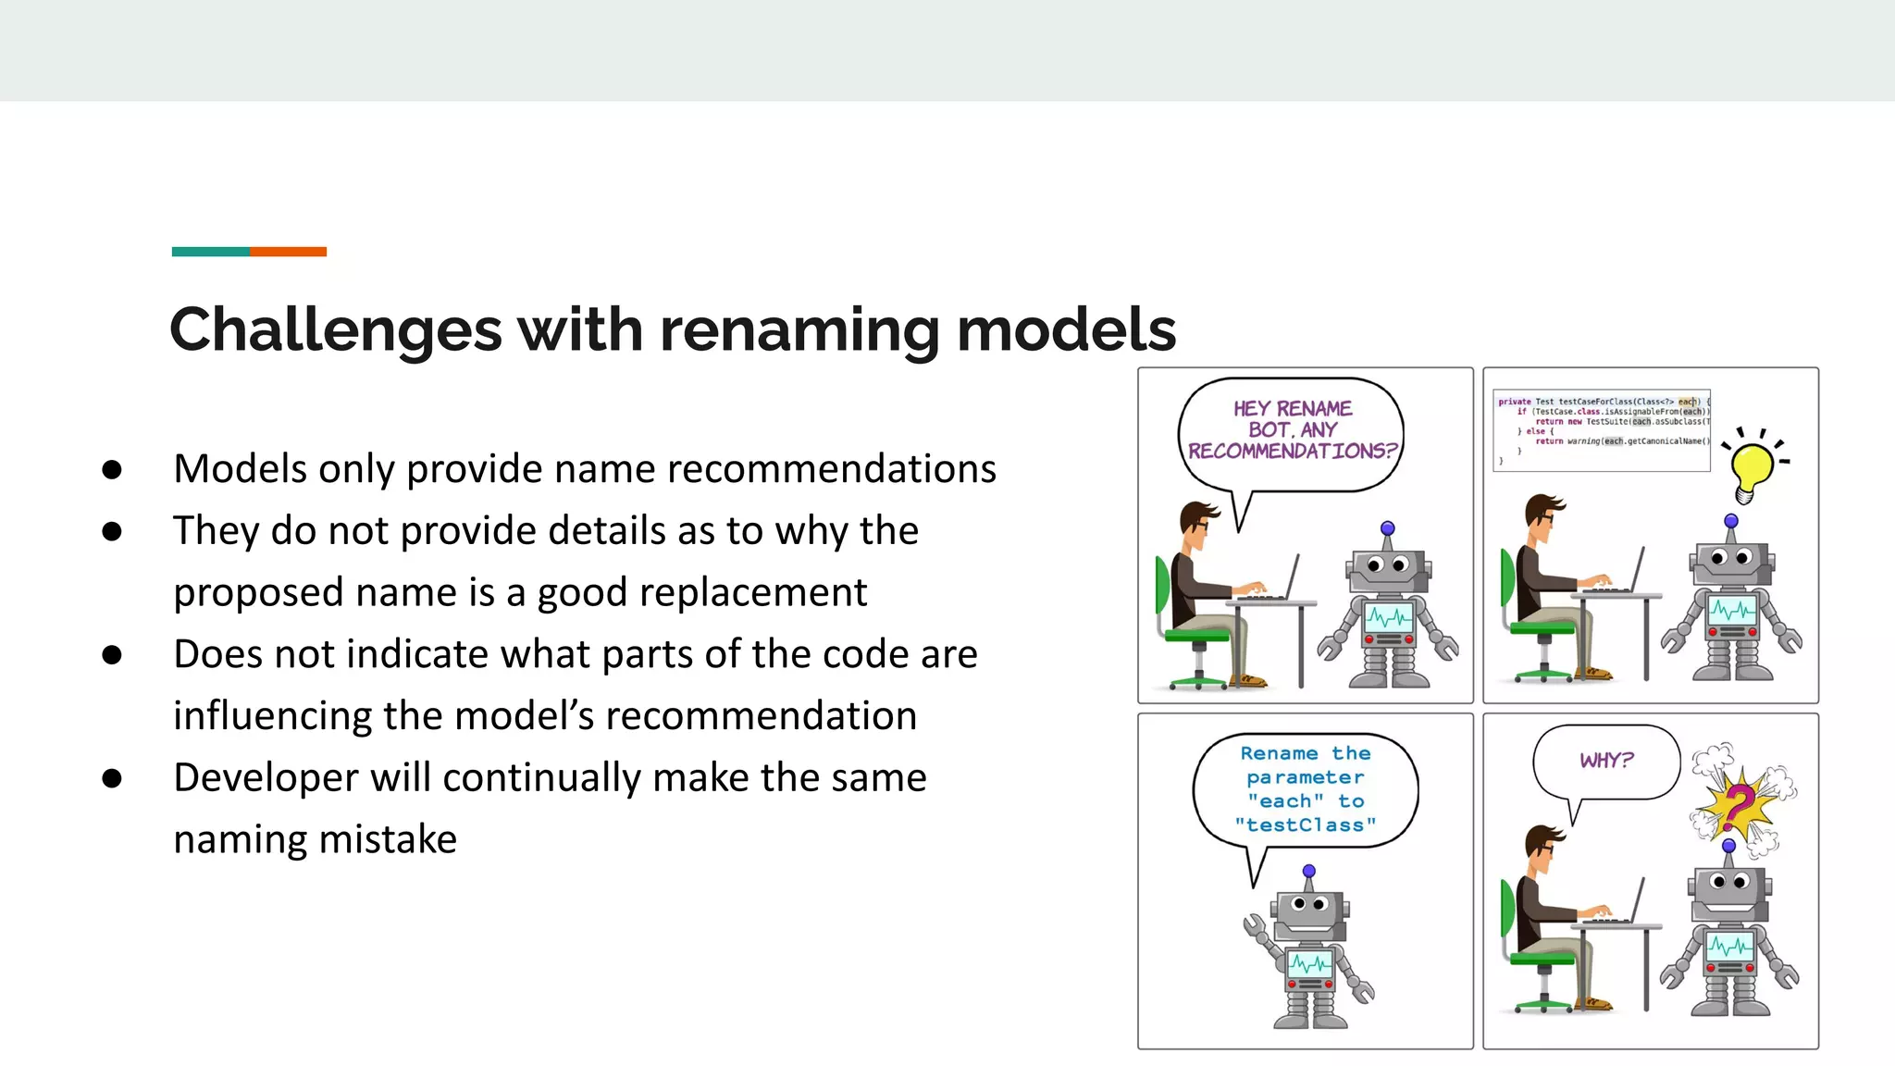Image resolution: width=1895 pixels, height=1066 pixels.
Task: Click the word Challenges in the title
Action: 336,330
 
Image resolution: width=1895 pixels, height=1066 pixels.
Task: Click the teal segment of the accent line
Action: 210,252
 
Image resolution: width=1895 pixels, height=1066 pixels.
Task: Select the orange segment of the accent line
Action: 288,252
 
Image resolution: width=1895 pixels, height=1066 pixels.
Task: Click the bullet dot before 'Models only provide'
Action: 112,470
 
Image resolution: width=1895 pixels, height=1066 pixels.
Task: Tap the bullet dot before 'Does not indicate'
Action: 112,655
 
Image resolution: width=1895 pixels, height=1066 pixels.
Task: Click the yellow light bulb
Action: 1751,467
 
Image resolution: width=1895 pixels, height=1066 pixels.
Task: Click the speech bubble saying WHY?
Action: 1606,761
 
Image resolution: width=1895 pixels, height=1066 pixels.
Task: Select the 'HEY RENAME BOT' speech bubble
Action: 1292,430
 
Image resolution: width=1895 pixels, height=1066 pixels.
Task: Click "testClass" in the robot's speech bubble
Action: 1305,825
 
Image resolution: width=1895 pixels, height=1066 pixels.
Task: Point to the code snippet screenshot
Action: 1602,430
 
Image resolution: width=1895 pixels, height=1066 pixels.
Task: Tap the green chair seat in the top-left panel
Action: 1197,636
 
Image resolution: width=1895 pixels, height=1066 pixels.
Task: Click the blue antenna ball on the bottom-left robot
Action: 1308,871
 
